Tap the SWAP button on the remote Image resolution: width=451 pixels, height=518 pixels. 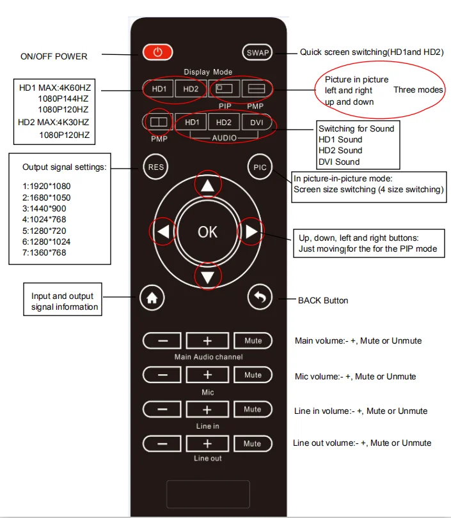pos(257,53)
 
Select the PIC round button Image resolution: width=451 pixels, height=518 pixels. pos(260,168)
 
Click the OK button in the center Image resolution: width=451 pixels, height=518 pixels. pos(207,232)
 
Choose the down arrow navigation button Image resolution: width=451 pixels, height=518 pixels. pos(207,277)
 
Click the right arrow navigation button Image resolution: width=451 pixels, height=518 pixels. pos(251,231)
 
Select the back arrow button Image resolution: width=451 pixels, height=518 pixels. pos(260,297)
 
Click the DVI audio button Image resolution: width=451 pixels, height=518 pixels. pos(257,122)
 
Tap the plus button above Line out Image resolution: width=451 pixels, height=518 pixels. pos(207,443)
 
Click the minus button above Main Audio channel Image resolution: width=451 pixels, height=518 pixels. pos(162,340)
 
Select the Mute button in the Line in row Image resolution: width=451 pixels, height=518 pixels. pos(253,409)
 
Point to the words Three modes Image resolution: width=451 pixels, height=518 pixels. pos(418,90)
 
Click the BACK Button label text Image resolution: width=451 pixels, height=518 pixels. pos(323,300)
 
